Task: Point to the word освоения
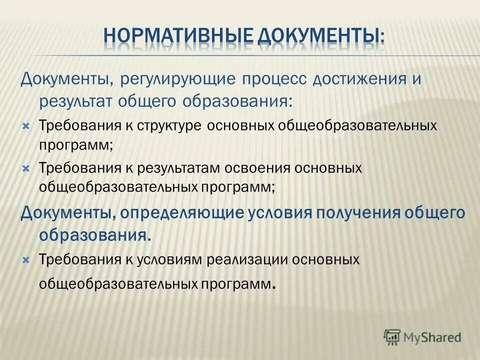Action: (256, 168)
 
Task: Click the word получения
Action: (359, 213)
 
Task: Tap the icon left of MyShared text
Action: (392, 336)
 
